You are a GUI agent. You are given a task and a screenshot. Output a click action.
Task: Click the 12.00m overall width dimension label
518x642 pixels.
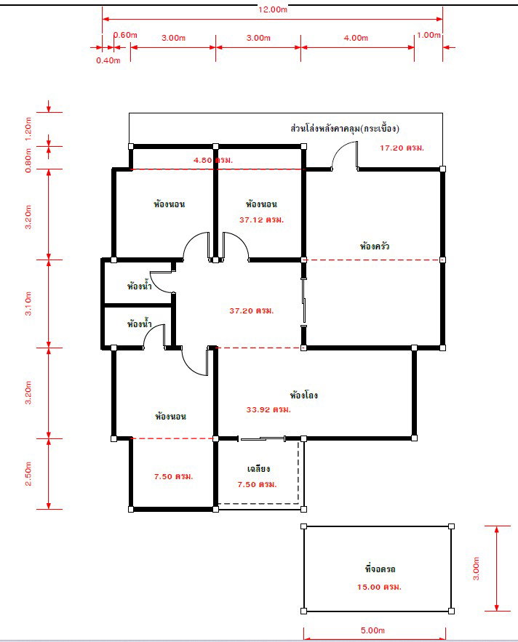273,9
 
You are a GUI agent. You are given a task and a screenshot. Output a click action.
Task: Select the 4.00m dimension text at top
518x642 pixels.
356,38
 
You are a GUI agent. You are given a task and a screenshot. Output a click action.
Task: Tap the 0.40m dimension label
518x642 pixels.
108,60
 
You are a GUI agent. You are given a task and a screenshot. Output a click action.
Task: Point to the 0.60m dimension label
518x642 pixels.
125,35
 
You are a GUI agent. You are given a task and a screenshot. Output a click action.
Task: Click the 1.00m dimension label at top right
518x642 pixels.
429,35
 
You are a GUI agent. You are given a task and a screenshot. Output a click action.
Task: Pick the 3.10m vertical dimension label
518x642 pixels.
28,303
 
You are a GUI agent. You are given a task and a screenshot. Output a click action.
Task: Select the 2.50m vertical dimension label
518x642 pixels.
28,474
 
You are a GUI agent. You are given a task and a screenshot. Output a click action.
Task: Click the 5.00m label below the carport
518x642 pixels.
372,630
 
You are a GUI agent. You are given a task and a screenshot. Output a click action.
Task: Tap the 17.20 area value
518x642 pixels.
402,148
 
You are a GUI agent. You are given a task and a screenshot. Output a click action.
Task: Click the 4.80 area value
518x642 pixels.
213,160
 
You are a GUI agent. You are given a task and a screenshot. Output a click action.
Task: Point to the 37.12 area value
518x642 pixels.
261,220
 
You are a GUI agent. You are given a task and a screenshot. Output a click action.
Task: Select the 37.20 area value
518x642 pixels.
251,310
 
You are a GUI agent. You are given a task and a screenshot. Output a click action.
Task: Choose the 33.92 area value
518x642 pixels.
268,409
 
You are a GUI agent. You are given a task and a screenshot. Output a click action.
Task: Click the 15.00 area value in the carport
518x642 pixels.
379,587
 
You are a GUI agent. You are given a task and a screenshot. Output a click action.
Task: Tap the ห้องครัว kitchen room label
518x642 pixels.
375,246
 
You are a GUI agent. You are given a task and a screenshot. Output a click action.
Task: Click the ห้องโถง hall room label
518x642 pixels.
303,395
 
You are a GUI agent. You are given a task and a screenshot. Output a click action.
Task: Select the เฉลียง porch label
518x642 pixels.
258,468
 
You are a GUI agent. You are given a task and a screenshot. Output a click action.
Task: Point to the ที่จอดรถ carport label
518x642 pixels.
380,569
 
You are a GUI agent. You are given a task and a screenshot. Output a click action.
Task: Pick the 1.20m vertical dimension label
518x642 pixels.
28,129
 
